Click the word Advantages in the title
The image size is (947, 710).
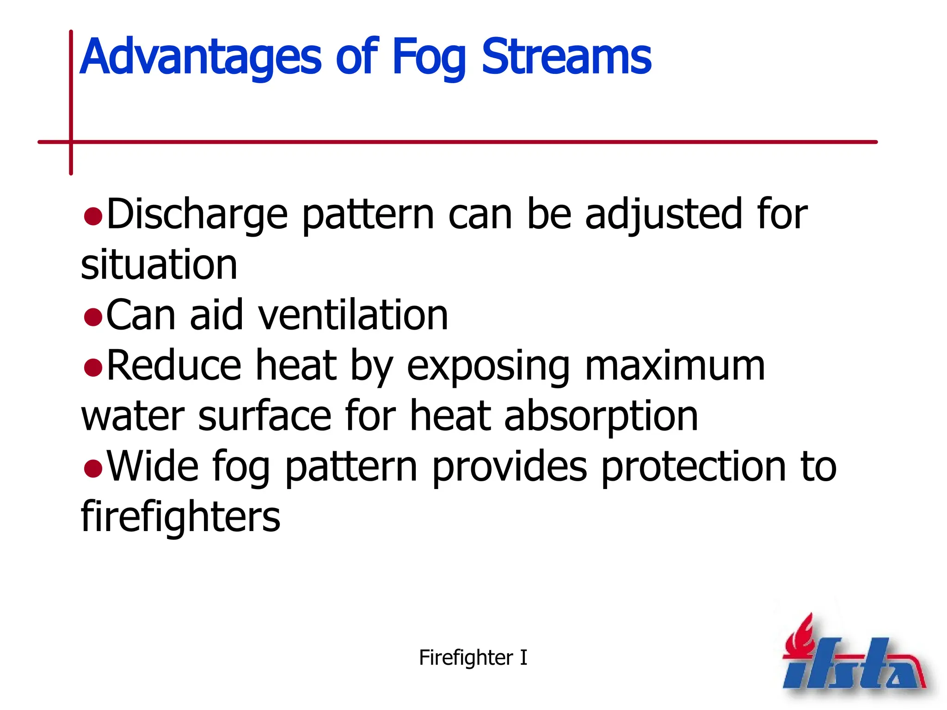point(200,57)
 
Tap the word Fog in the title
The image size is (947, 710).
point(428,57)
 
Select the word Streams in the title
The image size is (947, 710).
point(566,56)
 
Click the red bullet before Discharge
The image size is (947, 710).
point(93,216)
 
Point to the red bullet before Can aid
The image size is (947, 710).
point(93,318)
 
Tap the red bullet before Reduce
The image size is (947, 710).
point(93,368)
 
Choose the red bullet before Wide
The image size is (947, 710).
point(93,469)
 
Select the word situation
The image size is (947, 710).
point(159,265)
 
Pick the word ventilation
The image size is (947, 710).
point(353,315)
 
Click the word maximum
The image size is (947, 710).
point(675,366)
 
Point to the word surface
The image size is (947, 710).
point(264,416)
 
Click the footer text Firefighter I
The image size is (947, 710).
point(473,658)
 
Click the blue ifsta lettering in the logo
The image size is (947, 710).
point(851,666)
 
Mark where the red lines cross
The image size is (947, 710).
point(71,142)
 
